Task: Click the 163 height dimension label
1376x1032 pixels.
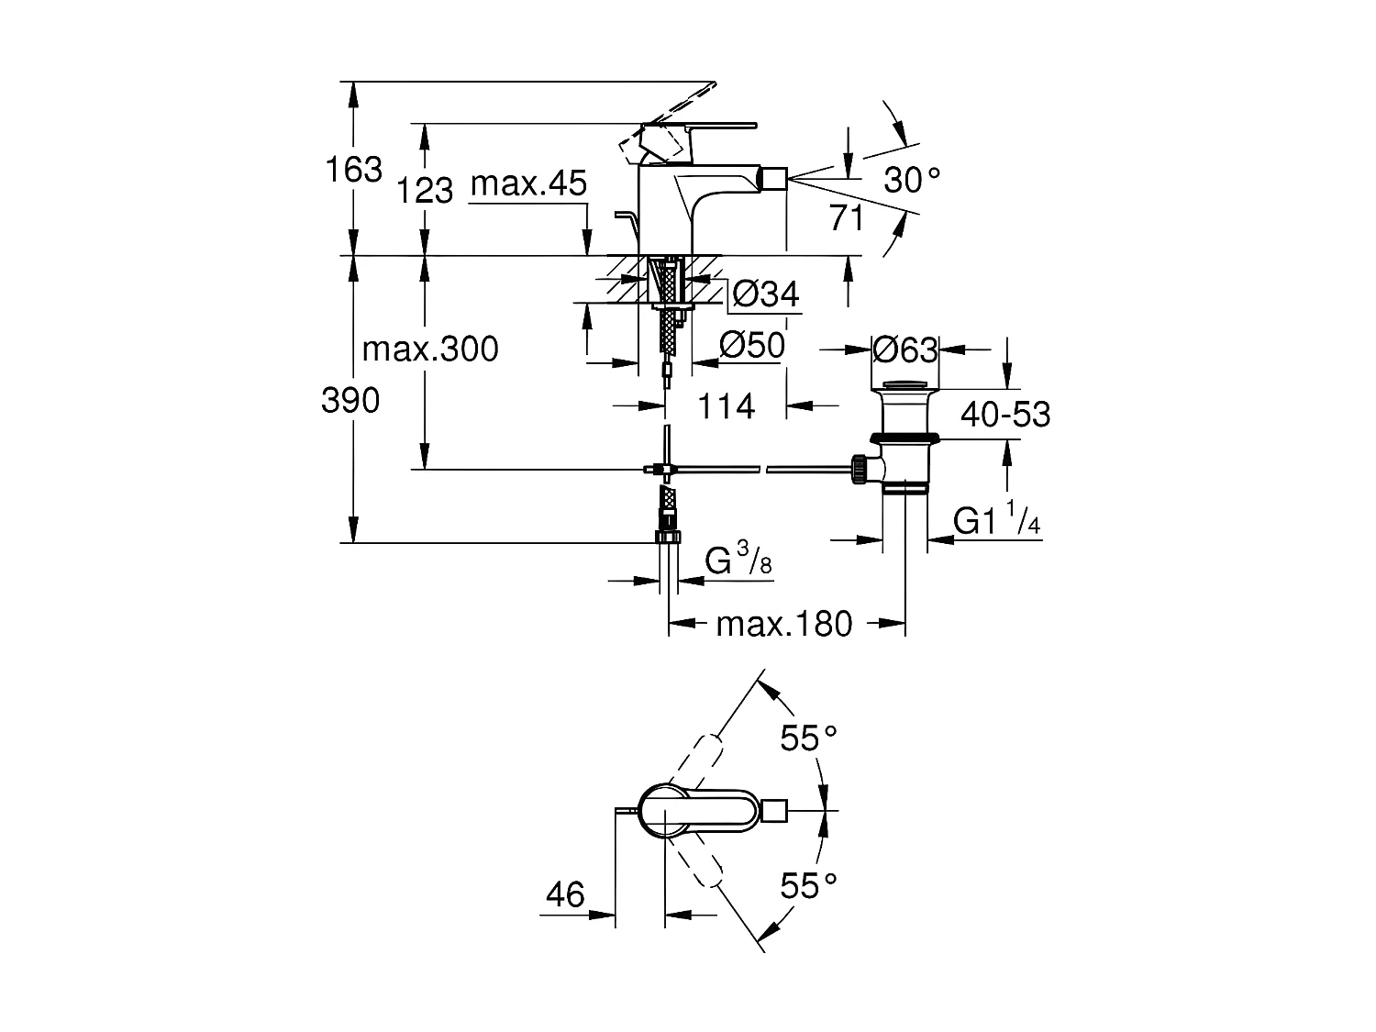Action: point(354,170)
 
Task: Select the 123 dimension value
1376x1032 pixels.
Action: point(426,190)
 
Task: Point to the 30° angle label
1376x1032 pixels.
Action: point(912,180)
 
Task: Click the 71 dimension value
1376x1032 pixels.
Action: point(846,218)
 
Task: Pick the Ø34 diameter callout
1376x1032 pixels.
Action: point(767,294)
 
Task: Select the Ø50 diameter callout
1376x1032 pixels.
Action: point(752,346)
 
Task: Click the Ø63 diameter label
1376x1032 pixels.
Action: point(904,350)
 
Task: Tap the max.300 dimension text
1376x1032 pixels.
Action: point(430,350)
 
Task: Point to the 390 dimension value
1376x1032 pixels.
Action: point(350,401)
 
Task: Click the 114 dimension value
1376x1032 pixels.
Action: point(727,406)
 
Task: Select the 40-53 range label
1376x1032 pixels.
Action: point(1005,415)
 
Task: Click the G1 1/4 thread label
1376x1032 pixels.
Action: point(996,521)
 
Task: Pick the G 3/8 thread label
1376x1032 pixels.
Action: point(738,561)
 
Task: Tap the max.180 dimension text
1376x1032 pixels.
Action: point(784,625)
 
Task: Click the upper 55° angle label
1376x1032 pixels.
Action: point(809,738)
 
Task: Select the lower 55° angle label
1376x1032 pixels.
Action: point(809,886)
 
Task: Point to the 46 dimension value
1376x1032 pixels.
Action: point(565,894)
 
